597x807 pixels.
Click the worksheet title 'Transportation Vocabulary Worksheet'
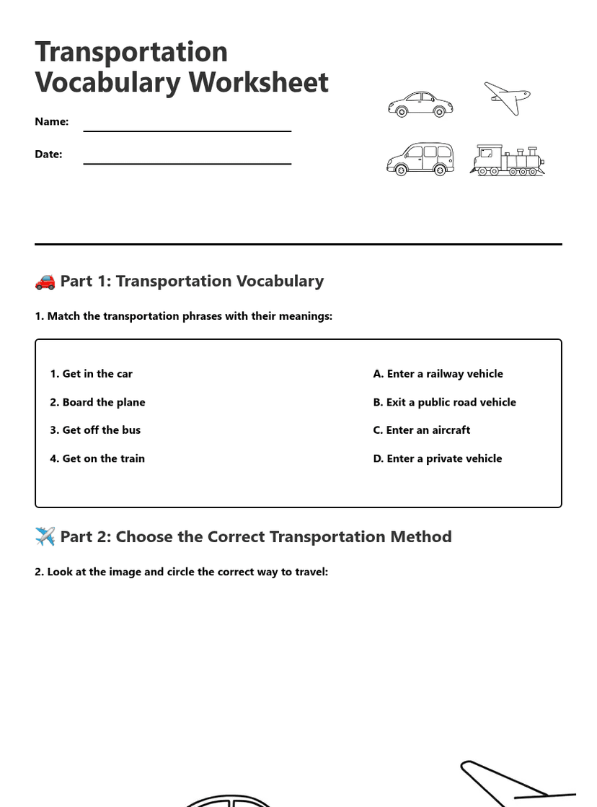[x=181, y=67]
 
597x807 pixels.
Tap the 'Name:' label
[x=52, y=121]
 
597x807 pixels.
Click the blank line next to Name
[x=187, y=130]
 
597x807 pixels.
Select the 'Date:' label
[x=48, y=154]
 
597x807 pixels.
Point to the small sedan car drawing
[x=420, y=104]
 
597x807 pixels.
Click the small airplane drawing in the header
[x=508, y=97]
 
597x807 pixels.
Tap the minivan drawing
[x=420, y=159]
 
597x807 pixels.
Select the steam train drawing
[x=508, y=160]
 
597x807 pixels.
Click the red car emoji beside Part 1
[x=45, y=282]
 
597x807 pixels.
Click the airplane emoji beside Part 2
[x=45, y=537]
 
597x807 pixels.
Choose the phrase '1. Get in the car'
[x=91, y=374]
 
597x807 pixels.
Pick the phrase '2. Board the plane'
[x=97, y=402]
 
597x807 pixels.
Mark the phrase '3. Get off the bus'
[x=95, y=430]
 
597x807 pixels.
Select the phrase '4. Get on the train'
[x=97, y=458]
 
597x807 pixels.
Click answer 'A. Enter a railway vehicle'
[x=438, y=374]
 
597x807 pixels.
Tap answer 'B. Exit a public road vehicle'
[x=444, y=402]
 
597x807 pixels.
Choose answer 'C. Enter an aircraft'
[x=421, y=430]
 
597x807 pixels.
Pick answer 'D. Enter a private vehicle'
[x=437, y=458]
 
